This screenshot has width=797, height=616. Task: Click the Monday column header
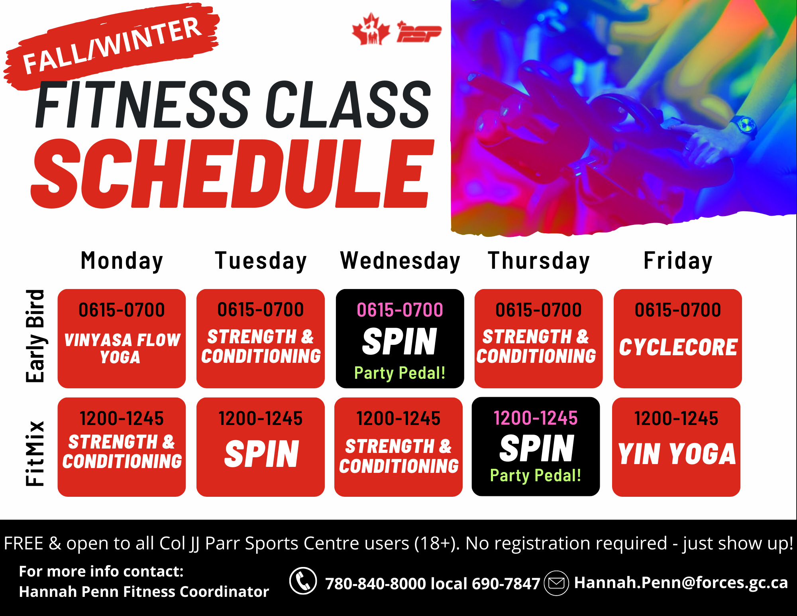pos(122,261)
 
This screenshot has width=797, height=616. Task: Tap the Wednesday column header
pos(400,261)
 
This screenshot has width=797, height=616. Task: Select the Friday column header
pos(678,261)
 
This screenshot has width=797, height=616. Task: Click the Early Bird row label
pos(35,336)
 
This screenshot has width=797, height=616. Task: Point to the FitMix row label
pos(35,453)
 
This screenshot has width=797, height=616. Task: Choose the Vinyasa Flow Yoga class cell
pos(122,339)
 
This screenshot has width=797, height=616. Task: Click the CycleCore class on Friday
pos(677,339)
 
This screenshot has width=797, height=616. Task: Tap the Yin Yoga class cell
pos(676,447)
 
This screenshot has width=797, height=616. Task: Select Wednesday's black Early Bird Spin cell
pos(400,339)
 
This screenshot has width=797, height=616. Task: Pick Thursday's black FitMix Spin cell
pos(536,447)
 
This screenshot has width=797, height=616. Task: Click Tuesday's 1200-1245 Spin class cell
pos(261,447)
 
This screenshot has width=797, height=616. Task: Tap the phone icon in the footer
pos(303,581)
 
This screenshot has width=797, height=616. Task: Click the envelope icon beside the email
pos(556,583)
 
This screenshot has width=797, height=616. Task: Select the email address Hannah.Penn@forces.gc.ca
pos(681,583)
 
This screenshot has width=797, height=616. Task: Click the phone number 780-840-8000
pos(376,584)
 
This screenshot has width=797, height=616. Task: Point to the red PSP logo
pos(419,32)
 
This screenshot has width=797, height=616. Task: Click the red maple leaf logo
pos(371,29)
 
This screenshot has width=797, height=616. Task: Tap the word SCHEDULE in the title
pos(232,174)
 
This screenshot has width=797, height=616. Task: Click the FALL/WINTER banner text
pos(112,46)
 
